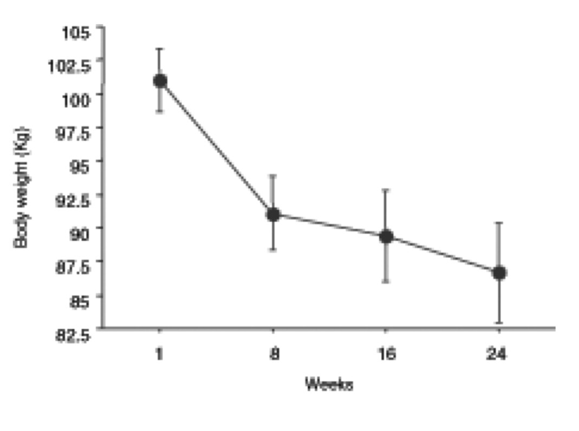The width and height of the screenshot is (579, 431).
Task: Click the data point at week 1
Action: (x=160, y=81)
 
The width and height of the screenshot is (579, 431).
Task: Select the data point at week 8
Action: (x=273, y=214)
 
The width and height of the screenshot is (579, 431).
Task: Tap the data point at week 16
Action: (x=386, y=236)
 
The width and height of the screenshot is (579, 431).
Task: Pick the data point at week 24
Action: (x=499, y=273)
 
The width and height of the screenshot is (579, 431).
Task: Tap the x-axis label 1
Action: (x=159, y=354)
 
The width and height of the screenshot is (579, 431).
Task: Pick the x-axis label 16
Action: (x=387, y=354)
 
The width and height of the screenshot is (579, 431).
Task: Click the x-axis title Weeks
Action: (x=329, y=385)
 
